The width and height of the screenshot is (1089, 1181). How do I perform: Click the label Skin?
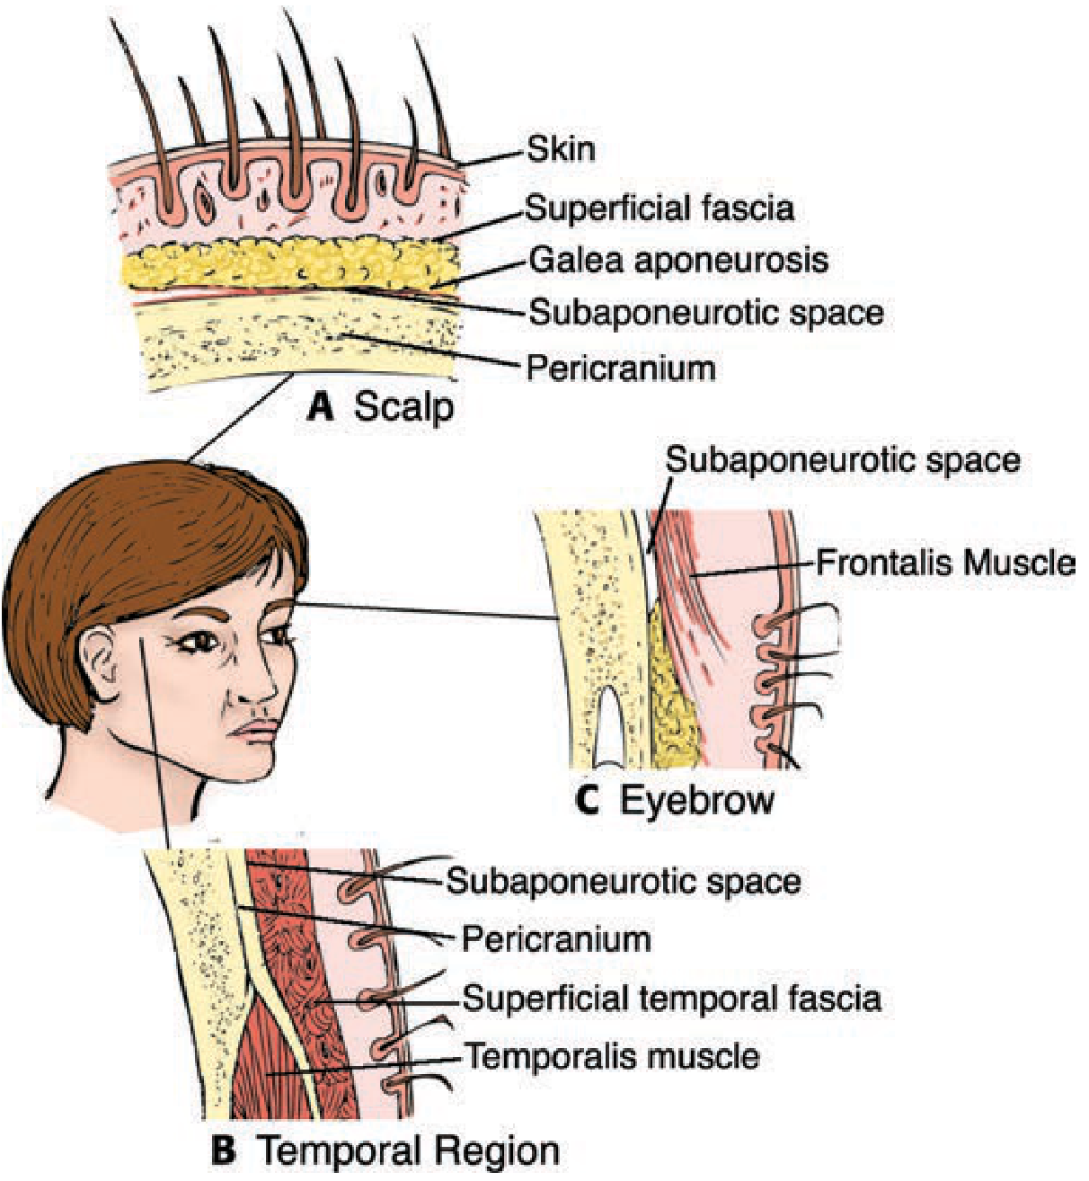[561, 148]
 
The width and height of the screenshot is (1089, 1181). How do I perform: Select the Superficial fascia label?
[659, 209]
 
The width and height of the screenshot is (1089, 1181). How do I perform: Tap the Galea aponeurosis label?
[678, 261]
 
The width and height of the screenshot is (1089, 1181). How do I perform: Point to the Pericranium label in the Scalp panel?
[621, 369]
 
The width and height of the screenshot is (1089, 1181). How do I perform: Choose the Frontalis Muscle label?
[945, 562]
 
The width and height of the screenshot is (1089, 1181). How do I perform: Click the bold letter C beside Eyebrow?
[589, 801]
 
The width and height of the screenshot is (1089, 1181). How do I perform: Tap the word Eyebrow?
[697, 803]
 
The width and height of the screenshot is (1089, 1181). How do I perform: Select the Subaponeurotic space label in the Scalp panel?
[706, 313]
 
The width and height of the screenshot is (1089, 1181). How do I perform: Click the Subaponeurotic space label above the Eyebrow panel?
[843, 461]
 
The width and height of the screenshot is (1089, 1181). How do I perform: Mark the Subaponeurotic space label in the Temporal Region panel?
[624, 882]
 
